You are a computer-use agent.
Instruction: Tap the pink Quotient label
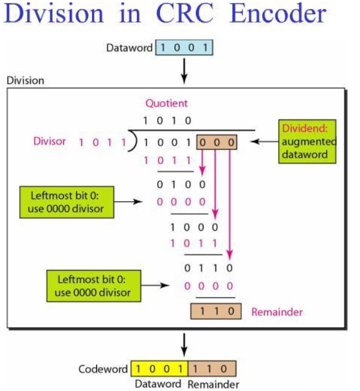(167, 103)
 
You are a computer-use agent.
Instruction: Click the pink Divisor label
(50, 142)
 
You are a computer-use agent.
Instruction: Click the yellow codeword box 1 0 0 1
(159, 369)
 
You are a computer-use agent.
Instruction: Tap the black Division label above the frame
(25, 80)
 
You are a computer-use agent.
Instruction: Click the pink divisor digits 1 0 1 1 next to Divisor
(102, 143)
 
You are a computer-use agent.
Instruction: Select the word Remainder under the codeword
(213, 384)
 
